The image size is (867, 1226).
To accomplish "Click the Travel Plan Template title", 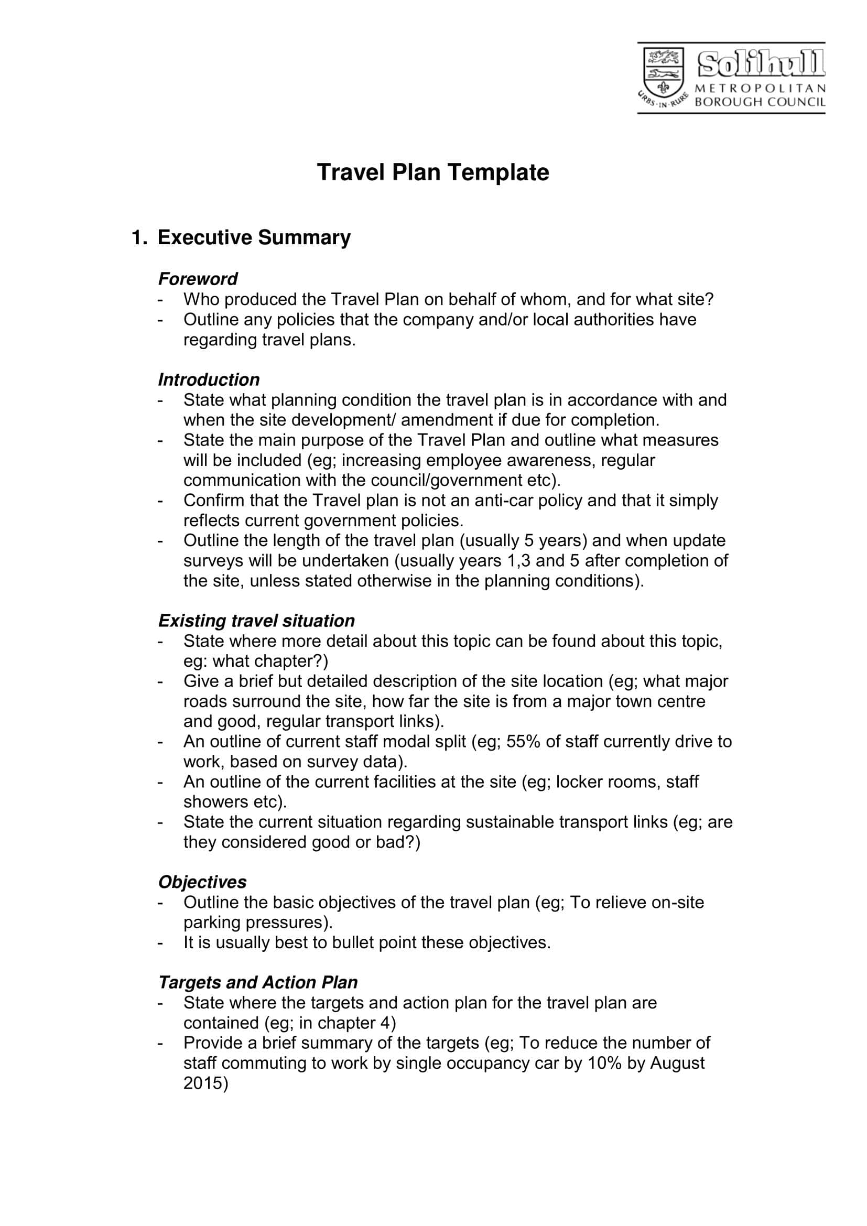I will [433, 172].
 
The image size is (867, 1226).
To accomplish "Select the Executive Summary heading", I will [254, 237].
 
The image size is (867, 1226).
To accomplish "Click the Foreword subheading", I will [198, 279].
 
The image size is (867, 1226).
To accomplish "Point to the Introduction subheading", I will [209, 379].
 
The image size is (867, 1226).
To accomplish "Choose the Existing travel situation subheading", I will [256, 621].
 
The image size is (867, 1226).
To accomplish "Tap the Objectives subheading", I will [202, 882].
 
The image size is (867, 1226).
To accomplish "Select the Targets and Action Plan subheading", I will [258, 982].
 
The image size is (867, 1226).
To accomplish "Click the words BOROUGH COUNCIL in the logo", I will [760, 102].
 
